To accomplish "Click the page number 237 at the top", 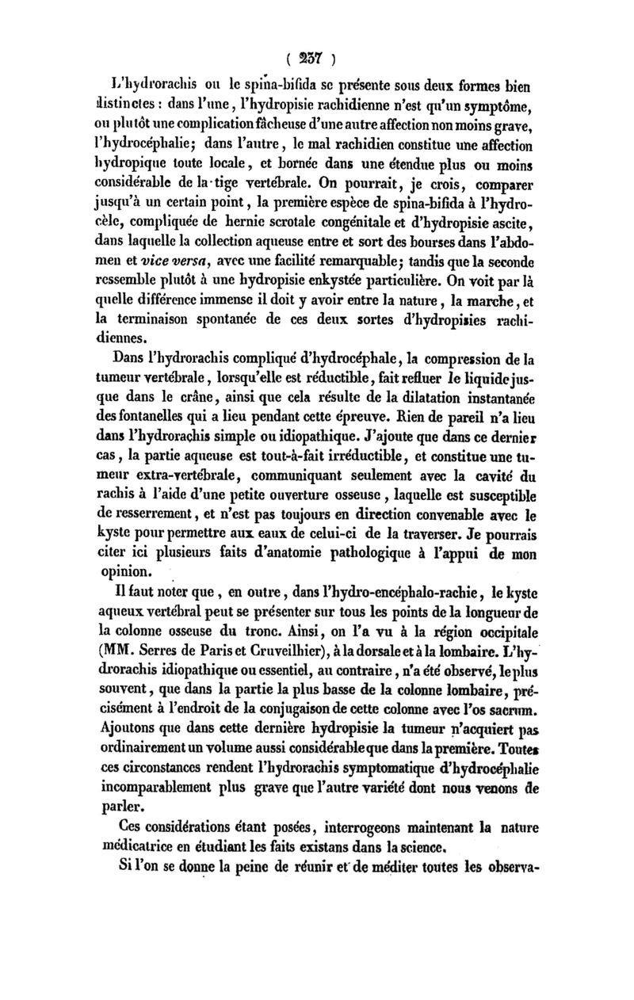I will coord(317,58).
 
